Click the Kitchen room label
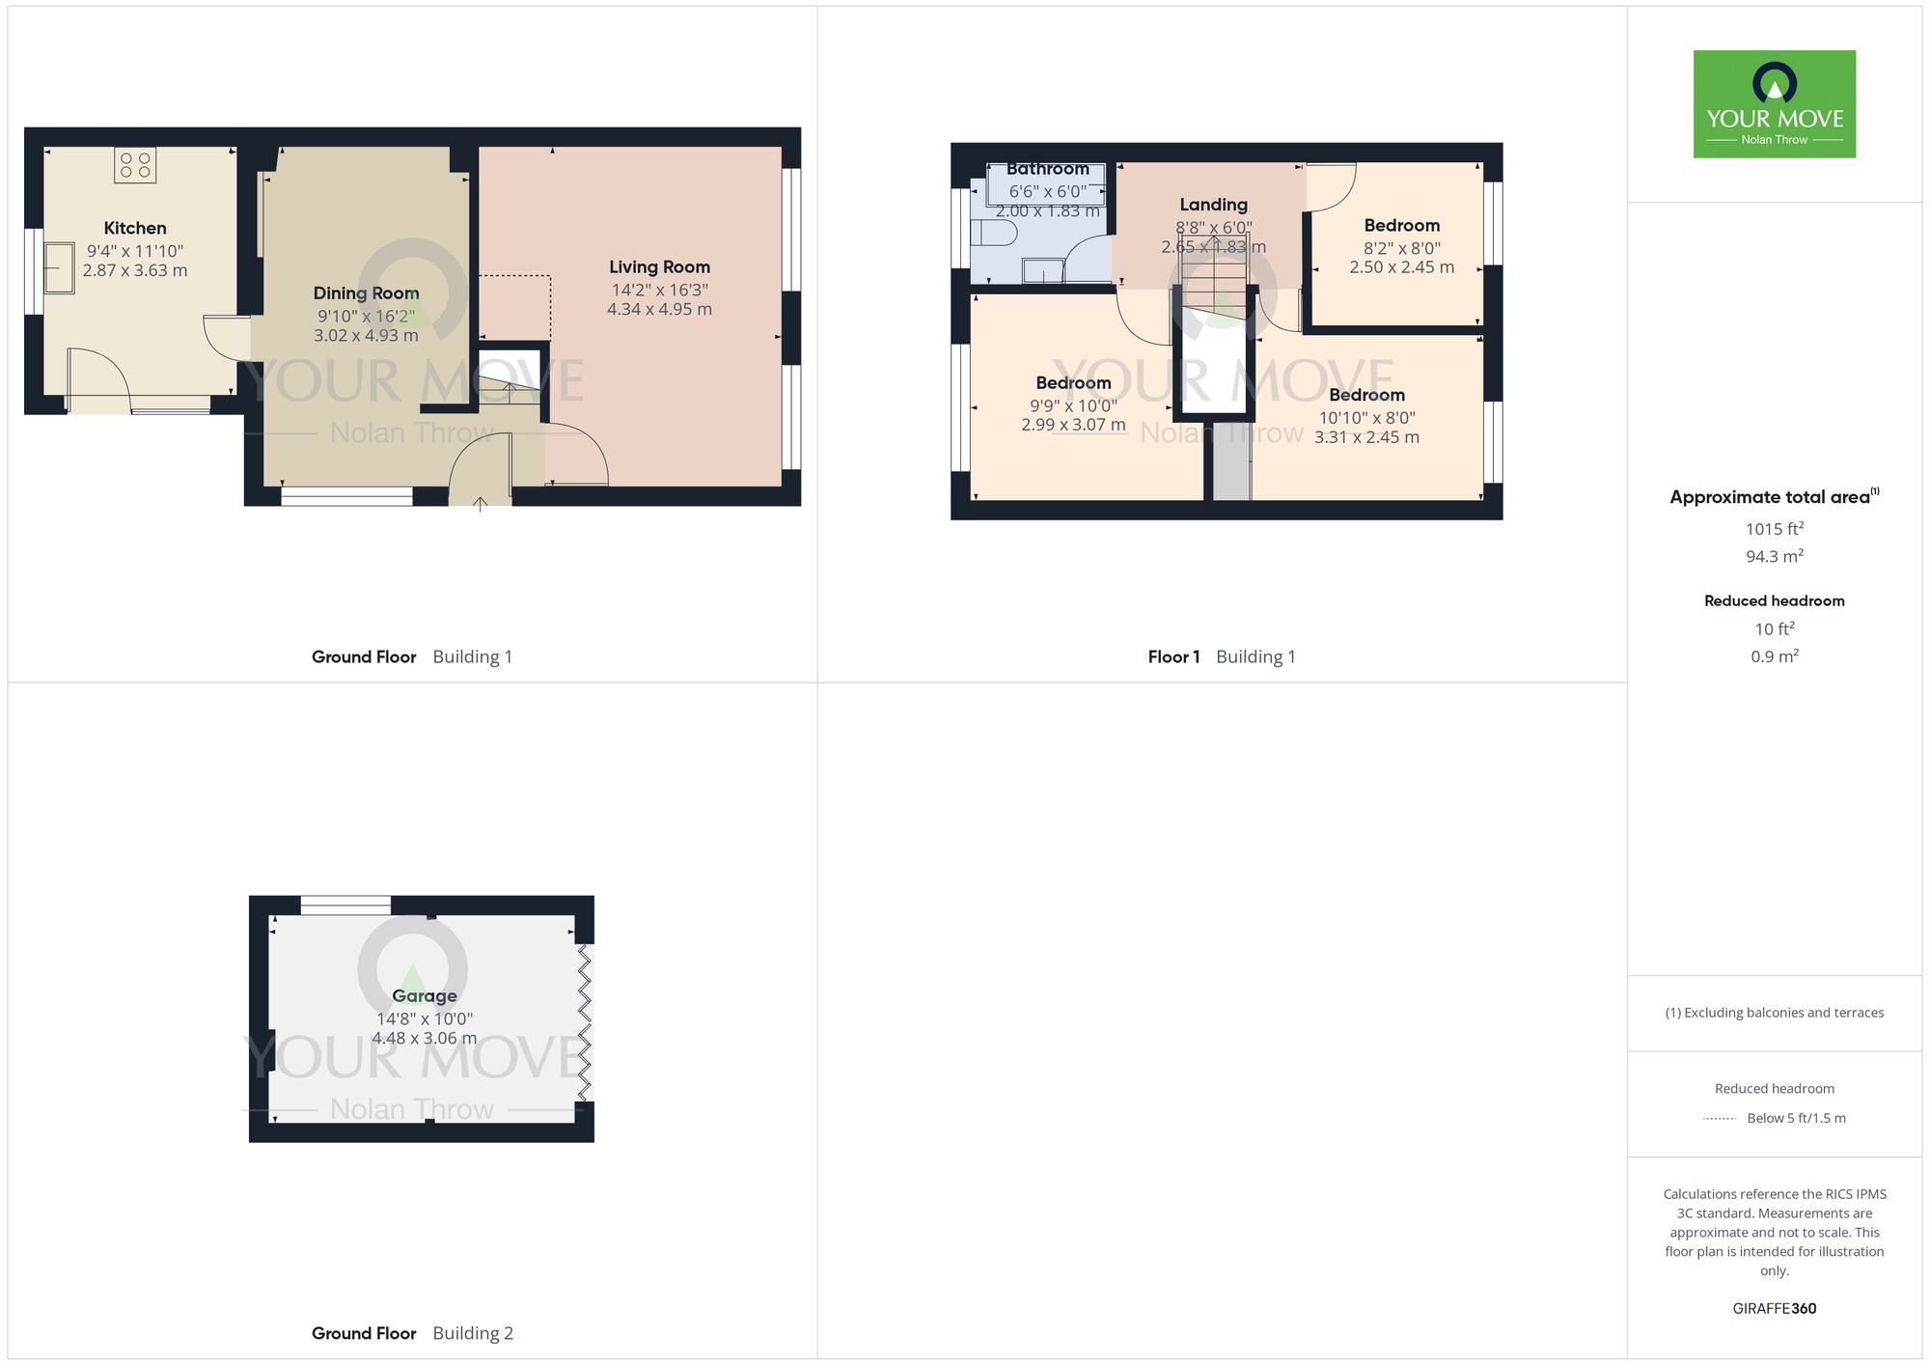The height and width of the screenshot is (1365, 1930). (x=135, y=229)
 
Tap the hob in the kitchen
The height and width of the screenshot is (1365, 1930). (x=135, y=165)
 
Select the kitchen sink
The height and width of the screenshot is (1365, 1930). (x=60, y=267)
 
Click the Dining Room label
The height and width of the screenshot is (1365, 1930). (x=366, y=293)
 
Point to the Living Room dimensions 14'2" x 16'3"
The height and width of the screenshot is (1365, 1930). (x=659, y=290)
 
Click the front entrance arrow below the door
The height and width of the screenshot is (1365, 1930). (x=481, y=502)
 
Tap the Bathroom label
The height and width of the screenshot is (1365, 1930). (x=1047, y=169)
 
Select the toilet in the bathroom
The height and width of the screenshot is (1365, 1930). (x=993, y=234)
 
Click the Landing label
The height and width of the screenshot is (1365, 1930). (x=1213, y=205)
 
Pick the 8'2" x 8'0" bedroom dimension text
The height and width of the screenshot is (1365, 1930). (x=1401, y=248)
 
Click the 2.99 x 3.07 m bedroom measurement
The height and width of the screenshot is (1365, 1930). (x=1073, y=425)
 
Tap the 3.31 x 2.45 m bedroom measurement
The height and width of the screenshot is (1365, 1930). (x=1366, y=437)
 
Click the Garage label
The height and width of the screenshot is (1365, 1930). (x=425, y=996)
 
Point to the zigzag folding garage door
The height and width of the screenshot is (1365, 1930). (x=585, y=1022)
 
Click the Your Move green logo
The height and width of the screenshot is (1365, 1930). (x=1774, y=104)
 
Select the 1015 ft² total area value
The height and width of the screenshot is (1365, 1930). (x=1774, y=529)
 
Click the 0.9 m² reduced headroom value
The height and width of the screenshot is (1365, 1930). (x=1774, y=656)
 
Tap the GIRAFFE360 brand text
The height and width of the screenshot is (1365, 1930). (x=1774, y=1309)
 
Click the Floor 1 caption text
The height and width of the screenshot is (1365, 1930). (x=1173, y=657)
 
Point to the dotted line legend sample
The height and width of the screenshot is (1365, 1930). (x=1720, y=1119)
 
